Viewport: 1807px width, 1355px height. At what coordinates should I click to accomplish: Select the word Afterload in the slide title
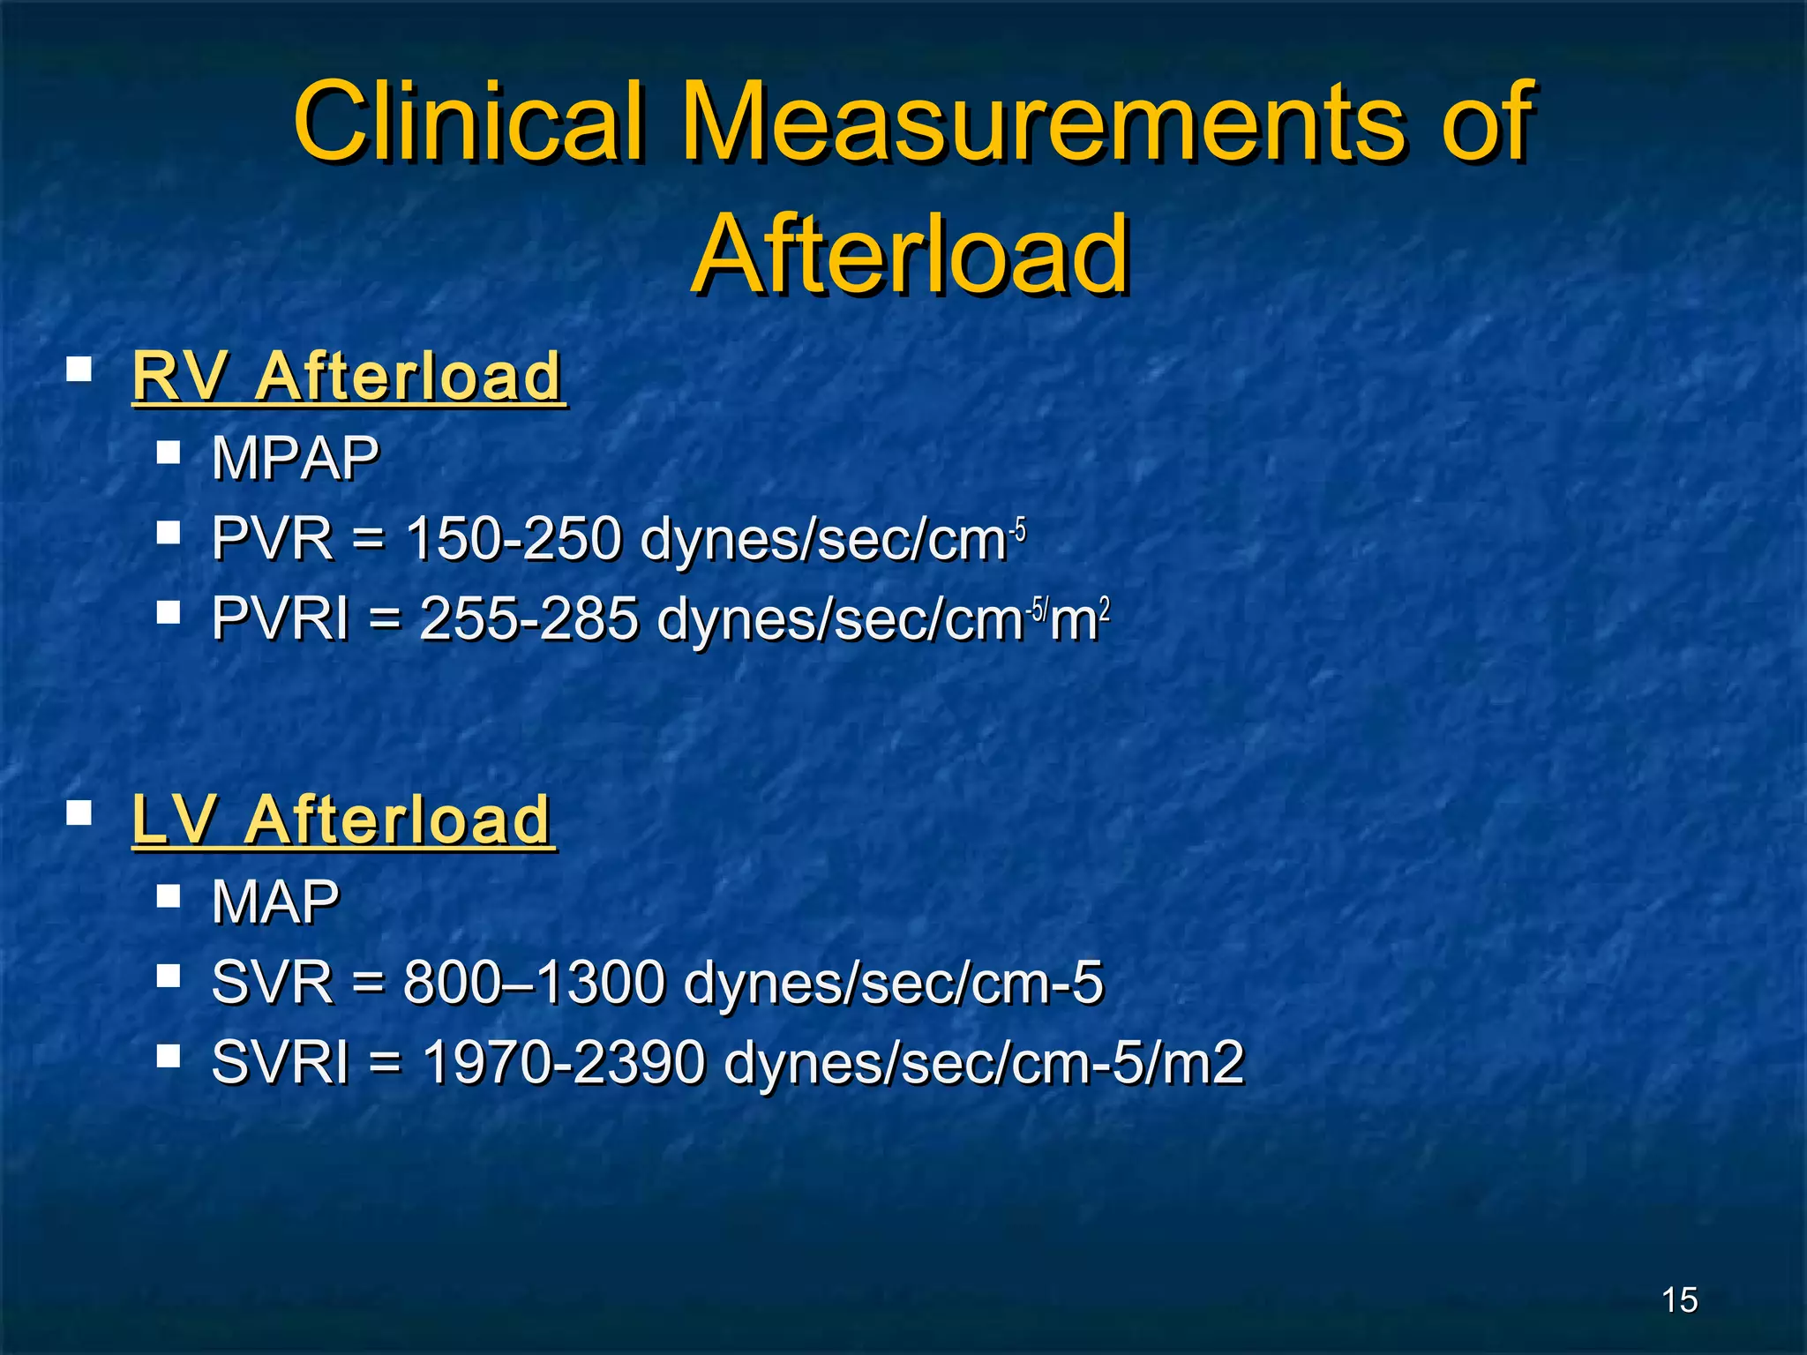911,256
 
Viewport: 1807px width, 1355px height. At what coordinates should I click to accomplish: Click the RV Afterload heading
348,377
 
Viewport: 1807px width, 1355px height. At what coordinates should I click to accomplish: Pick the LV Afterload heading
342,820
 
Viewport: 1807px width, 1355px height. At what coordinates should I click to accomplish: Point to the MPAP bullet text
295,459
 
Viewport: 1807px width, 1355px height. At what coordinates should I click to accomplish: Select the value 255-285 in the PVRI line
529,618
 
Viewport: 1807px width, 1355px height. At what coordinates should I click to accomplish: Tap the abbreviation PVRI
281,618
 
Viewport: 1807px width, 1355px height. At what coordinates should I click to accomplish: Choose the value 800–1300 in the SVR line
534,982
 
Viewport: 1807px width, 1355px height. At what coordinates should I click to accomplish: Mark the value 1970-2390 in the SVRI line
564,1062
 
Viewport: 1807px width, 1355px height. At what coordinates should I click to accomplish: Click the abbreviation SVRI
281,1062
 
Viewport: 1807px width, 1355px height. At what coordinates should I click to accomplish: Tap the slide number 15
1679,1299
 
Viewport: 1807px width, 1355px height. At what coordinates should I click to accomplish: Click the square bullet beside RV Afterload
79,369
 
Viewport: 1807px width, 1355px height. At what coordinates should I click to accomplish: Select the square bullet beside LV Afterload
79,812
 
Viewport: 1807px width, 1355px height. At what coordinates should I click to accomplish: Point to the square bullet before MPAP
169,453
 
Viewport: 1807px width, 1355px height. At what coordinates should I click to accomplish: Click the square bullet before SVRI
169,1056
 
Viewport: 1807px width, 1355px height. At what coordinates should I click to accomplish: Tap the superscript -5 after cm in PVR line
1018,531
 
